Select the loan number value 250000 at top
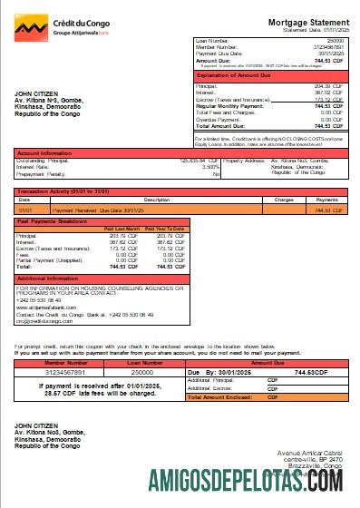click(336, 41)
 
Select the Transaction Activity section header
click(59, 191)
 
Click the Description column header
click(156, 199)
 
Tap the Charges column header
click(284, 199)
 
